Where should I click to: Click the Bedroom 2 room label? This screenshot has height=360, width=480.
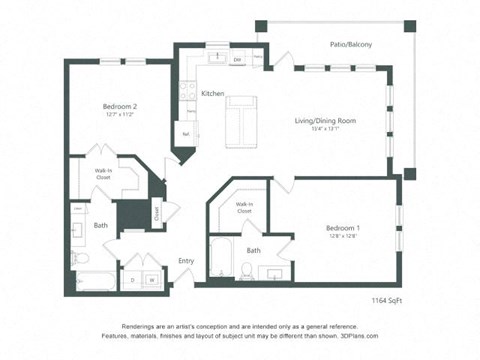pyautogui.click(x=119, y=106)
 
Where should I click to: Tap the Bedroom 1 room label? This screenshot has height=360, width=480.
pyautogui.click(x=343, y=228)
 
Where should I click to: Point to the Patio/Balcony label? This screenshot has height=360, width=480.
pyautogui.click(x=351, y=44)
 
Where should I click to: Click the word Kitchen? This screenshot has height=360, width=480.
pyautogui.click(x=213, y=93)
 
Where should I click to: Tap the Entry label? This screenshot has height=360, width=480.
pyautogui.click(x=187, y=260)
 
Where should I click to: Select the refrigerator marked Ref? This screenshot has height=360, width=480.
pyautogui.click(x=186, y=132)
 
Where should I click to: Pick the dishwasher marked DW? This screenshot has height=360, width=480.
pyautogui.click(x=237, y=61)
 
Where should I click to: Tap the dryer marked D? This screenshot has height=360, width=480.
pyautogui.click(x=134, y=280)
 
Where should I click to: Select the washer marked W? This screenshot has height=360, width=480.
pyautogui.click(x=152, y=280)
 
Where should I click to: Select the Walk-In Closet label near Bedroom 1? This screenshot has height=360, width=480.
pyautogui.click(x=245, y=208)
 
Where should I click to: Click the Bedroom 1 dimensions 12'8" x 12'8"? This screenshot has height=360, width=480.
pyautogui.click(x=343, y=237)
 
